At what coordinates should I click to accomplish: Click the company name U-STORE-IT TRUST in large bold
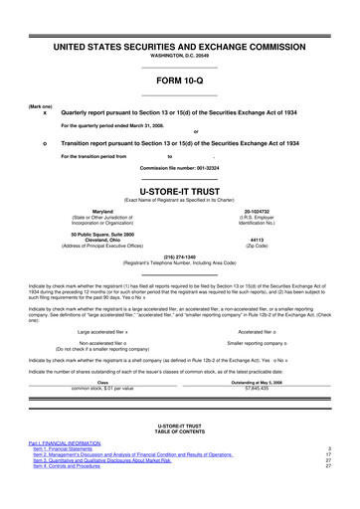point(179,187)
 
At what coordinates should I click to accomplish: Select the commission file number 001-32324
point(179,168)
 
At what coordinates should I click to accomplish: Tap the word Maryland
point(102,212)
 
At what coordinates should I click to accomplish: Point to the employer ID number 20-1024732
point(257,212)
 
